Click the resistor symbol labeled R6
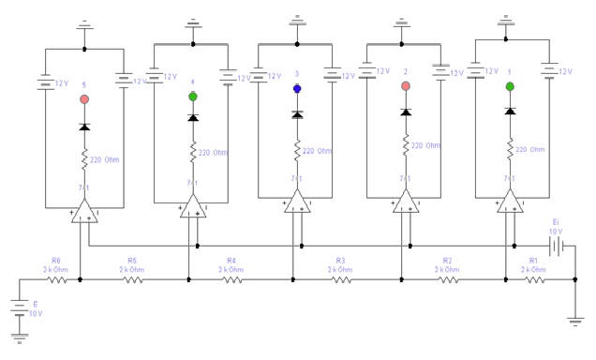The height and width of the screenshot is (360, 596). [57, 278]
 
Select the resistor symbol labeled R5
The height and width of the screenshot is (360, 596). [134, 278]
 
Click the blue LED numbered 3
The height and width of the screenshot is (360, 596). [297, 89]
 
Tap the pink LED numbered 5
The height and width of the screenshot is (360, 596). [84, 98]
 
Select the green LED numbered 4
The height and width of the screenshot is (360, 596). [193, 96]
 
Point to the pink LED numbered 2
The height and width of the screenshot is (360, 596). [405, 87]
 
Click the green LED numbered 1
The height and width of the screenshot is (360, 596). [509, 87]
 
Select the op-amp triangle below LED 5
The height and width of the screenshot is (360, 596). [84, 211]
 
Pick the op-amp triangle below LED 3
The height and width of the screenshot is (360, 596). [297, 202]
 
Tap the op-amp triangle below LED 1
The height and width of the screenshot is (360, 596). [509, 202]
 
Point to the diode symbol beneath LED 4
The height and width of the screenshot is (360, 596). [193, 117]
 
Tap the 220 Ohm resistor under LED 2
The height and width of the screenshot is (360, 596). [405, 145]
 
